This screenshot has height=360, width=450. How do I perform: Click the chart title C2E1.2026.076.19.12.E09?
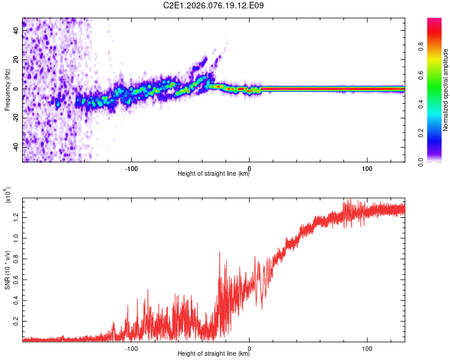[x=214, y=5]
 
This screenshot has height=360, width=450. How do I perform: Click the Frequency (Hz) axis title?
[x=7, y=90]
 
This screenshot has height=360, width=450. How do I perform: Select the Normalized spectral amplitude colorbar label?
[x=446, y=90]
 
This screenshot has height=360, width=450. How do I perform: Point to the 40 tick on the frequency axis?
[x=17, y=31]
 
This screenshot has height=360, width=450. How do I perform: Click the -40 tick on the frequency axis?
[x=17, y=147]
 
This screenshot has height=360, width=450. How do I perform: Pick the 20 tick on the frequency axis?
[x=17, y=60]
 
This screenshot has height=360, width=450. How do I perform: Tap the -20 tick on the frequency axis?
[x=17, y=118]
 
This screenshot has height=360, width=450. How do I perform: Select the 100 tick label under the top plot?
[x=368, y=167]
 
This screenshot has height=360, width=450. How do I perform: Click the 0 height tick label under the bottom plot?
[x=250, y=347]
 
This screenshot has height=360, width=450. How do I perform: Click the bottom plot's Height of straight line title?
[x=214, y=354]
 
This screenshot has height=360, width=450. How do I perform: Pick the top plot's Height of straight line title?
[x=214, y=174]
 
